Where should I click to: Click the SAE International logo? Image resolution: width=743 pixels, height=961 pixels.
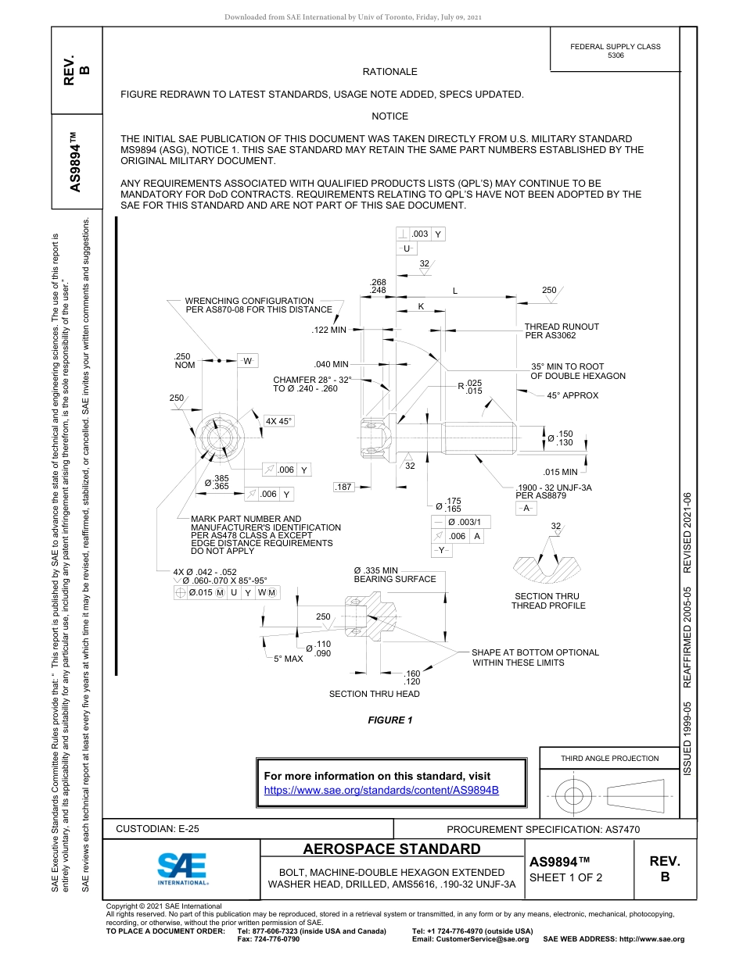tap(181, 868)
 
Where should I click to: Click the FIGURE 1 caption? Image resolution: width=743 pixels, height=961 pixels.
tap(389, 720)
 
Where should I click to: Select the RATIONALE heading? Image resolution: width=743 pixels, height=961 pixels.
tap(389, 72)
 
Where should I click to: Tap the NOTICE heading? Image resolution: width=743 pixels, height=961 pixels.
tap(389, 116)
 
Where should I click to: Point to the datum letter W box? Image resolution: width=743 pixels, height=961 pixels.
tap(247, 361)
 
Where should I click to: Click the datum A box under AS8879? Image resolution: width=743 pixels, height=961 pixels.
tap(526, 508)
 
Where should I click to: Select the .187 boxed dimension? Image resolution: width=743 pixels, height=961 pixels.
tap(343, 488)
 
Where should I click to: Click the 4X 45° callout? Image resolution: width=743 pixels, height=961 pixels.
tap(278, 422)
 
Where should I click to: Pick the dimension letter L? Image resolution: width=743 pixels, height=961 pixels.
tap(454, 291)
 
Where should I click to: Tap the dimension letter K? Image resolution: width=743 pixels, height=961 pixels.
tap(421, 306)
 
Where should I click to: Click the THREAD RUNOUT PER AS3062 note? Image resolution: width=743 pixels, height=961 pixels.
tap(561, 330)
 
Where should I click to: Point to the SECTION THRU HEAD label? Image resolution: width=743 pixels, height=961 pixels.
tap(374, 694)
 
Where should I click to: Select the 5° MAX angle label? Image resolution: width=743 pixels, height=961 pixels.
tap(288, 659)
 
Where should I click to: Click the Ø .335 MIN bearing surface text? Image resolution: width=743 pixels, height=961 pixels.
tap(394, 574)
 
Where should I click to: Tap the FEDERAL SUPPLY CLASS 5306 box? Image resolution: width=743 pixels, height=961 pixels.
tap(615, 51)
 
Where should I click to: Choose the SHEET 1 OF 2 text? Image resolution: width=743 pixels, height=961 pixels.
tap(565, 877)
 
